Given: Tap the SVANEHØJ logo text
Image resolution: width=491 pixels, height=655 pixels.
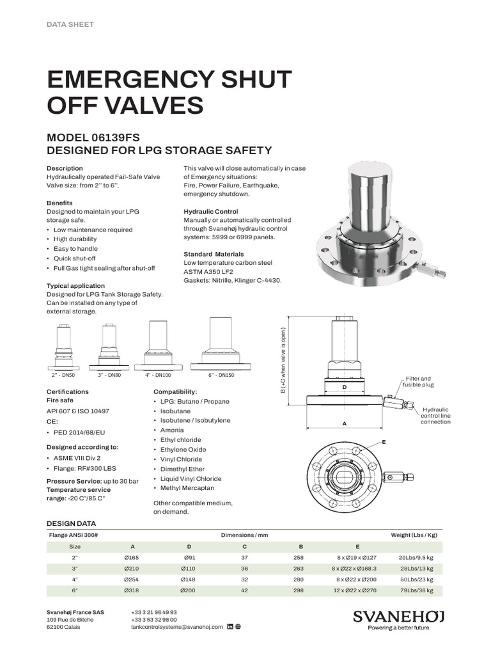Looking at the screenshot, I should tap(398, 616).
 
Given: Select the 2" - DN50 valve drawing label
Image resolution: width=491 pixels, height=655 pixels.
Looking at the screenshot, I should tap(63, 375).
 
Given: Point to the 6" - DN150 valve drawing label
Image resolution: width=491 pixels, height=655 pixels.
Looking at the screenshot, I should tap(221, 375).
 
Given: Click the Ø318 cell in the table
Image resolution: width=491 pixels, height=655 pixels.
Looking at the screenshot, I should tap(133, 590).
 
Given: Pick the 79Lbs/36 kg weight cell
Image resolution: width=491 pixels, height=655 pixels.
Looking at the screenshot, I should tap(416, 590).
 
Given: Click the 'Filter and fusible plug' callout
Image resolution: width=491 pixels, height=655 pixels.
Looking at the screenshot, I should tap(419, 382).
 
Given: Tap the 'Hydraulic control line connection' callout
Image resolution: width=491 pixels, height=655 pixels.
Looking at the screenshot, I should tap(435, 416).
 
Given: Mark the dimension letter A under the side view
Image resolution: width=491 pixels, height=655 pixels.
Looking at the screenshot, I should tap(345, 423).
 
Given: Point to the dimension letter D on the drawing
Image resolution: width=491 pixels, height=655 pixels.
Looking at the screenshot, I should tap(344, 388).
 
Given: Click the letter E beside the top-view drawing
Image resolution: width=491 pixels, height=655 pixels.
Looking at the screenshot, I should tap(384, 442).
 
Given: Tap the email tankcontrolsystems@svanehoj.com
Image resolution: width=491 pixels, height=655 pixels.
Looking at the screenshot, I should tap(176, 627).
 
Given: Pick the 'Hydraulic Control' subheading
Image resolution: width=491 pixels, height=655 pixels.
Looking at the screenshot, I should tap(211, 211).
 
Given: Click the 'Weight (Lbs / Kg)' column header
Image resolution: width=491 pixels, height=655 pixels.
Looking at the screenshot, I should tap(414, 535).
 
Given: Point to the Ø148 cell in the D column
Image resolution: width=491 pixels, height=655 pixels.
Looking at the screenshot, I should tap(189, 579).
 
